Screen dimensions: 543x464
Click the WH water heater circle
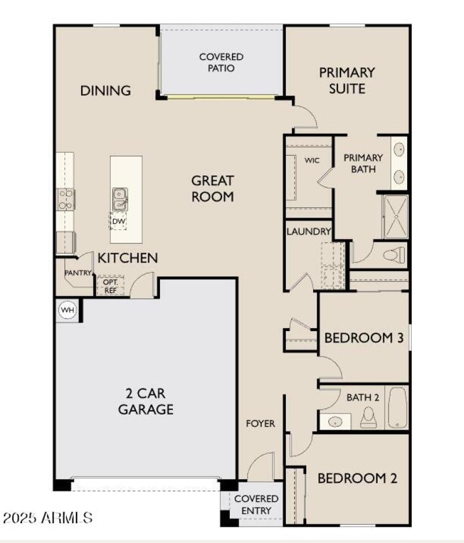[x=68, y=310]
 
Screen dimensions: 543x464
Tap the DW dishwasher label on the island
[x=119, y=221]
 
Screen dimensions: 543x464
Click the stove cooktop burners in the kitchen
[x=66, y=199]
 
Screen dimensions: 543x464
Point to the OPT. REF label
[x=110, y=286]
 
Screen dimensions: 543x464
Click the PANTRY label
[x=78, y=272]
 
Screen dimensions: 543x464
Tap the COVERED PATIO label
[x=221, y=62]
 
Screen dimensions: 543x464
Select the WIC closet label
[x=311, y=160]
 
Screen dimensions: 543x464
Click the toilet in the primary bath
[x=394, y=254]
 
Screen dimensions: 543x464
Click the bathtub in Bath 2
[x=397, y=408]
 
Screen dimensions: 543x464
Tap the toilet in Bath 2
[x=368, y=417]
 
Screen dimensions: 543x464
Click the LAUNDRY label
[x=309, y=231]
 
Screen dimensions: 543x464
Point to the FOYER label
[x=261, y=423]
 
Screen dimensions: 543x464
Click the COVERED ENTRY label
[x=256, y=504]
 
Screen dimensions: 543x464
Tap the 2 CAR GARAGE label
[x=146, y=401]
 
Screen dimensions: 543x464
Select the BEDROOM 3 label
[x=364, y=337]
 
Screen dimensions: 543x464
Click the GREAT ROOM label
[x=213, y=188]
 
